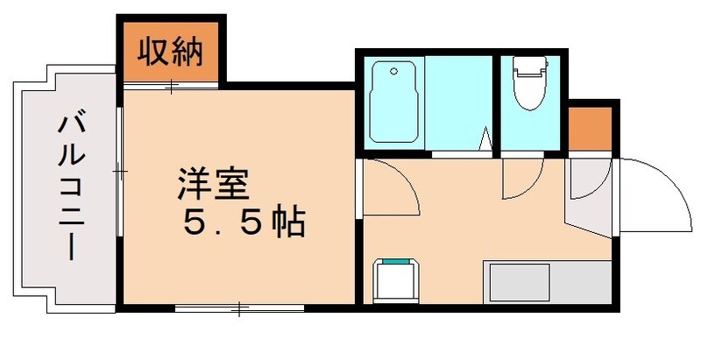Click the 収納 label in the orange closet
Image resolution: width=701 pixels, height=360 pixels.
(172, 54)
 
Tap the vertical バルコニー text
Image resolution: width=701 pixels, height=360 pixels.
(71, 187)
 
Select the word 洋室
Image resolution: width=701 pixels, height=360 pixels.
(214, 186)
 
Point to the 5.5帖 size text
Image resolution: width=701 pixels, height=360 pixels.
(243, 224)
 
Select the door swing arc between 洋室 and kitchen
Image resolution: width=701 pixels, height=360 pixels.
(390, 187)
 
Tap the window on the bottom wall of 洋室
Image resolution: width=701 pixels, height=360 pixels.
(239, 307)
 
